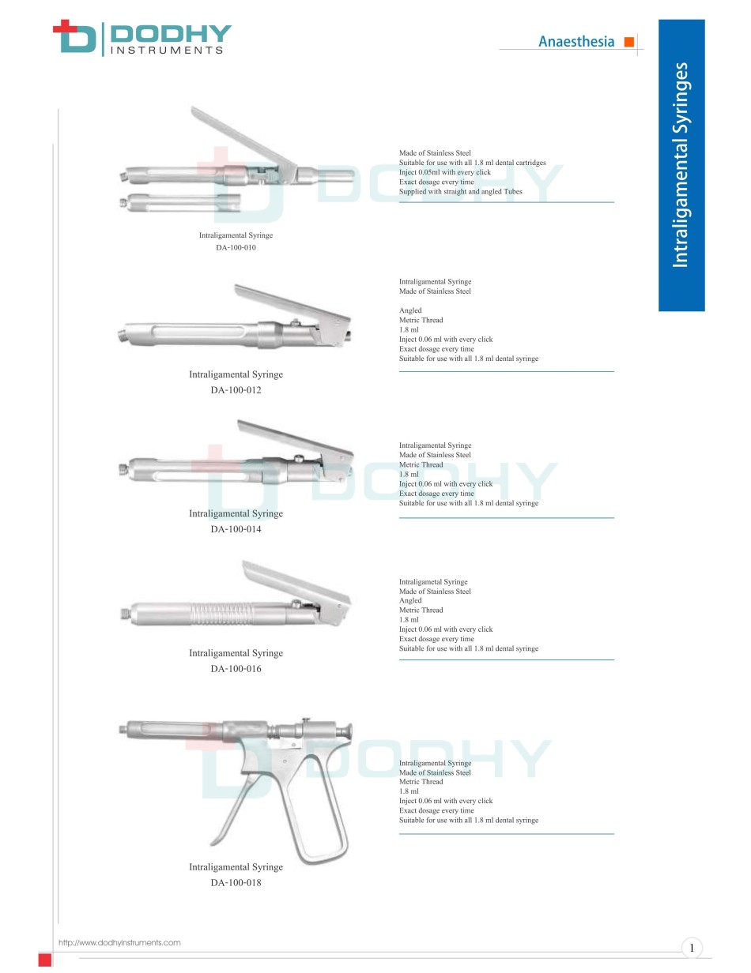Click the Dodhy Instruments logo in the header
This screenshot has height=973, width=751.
(x=142, y=38)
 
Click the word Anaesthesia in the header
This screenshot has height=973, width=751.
(x=576, y=42)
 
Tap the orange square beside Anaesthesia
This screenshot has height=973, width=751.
(x=628, y=42)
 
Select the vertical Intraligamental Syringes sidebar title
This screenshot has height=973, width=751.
(x=681, y=165)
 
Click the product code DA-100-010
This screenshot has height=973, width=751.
(x=236, y=247)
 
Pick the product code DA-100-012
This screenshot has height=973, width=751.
(x=236, y=389)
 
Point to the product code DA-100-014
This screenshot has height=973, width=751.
(x=236, y=529)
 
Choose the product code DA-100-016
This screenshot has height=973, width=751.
(x=236, y=668)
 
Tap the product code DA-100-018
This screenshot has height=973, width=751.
(x=236, y=882)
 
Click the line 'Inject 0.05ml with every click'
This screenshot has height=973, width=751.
(x=444, y=172)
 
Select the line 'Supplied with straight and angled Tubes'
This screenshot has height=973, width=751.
(x=461, y=192)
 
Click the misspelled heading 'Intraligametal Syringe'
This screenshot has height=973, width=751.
(x=433, y=581)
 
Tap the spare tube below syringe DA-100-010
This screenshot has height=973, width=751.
(x=180, y=202)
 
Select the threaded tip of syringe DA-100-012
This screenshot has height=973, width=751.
(x=122, y=336)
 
